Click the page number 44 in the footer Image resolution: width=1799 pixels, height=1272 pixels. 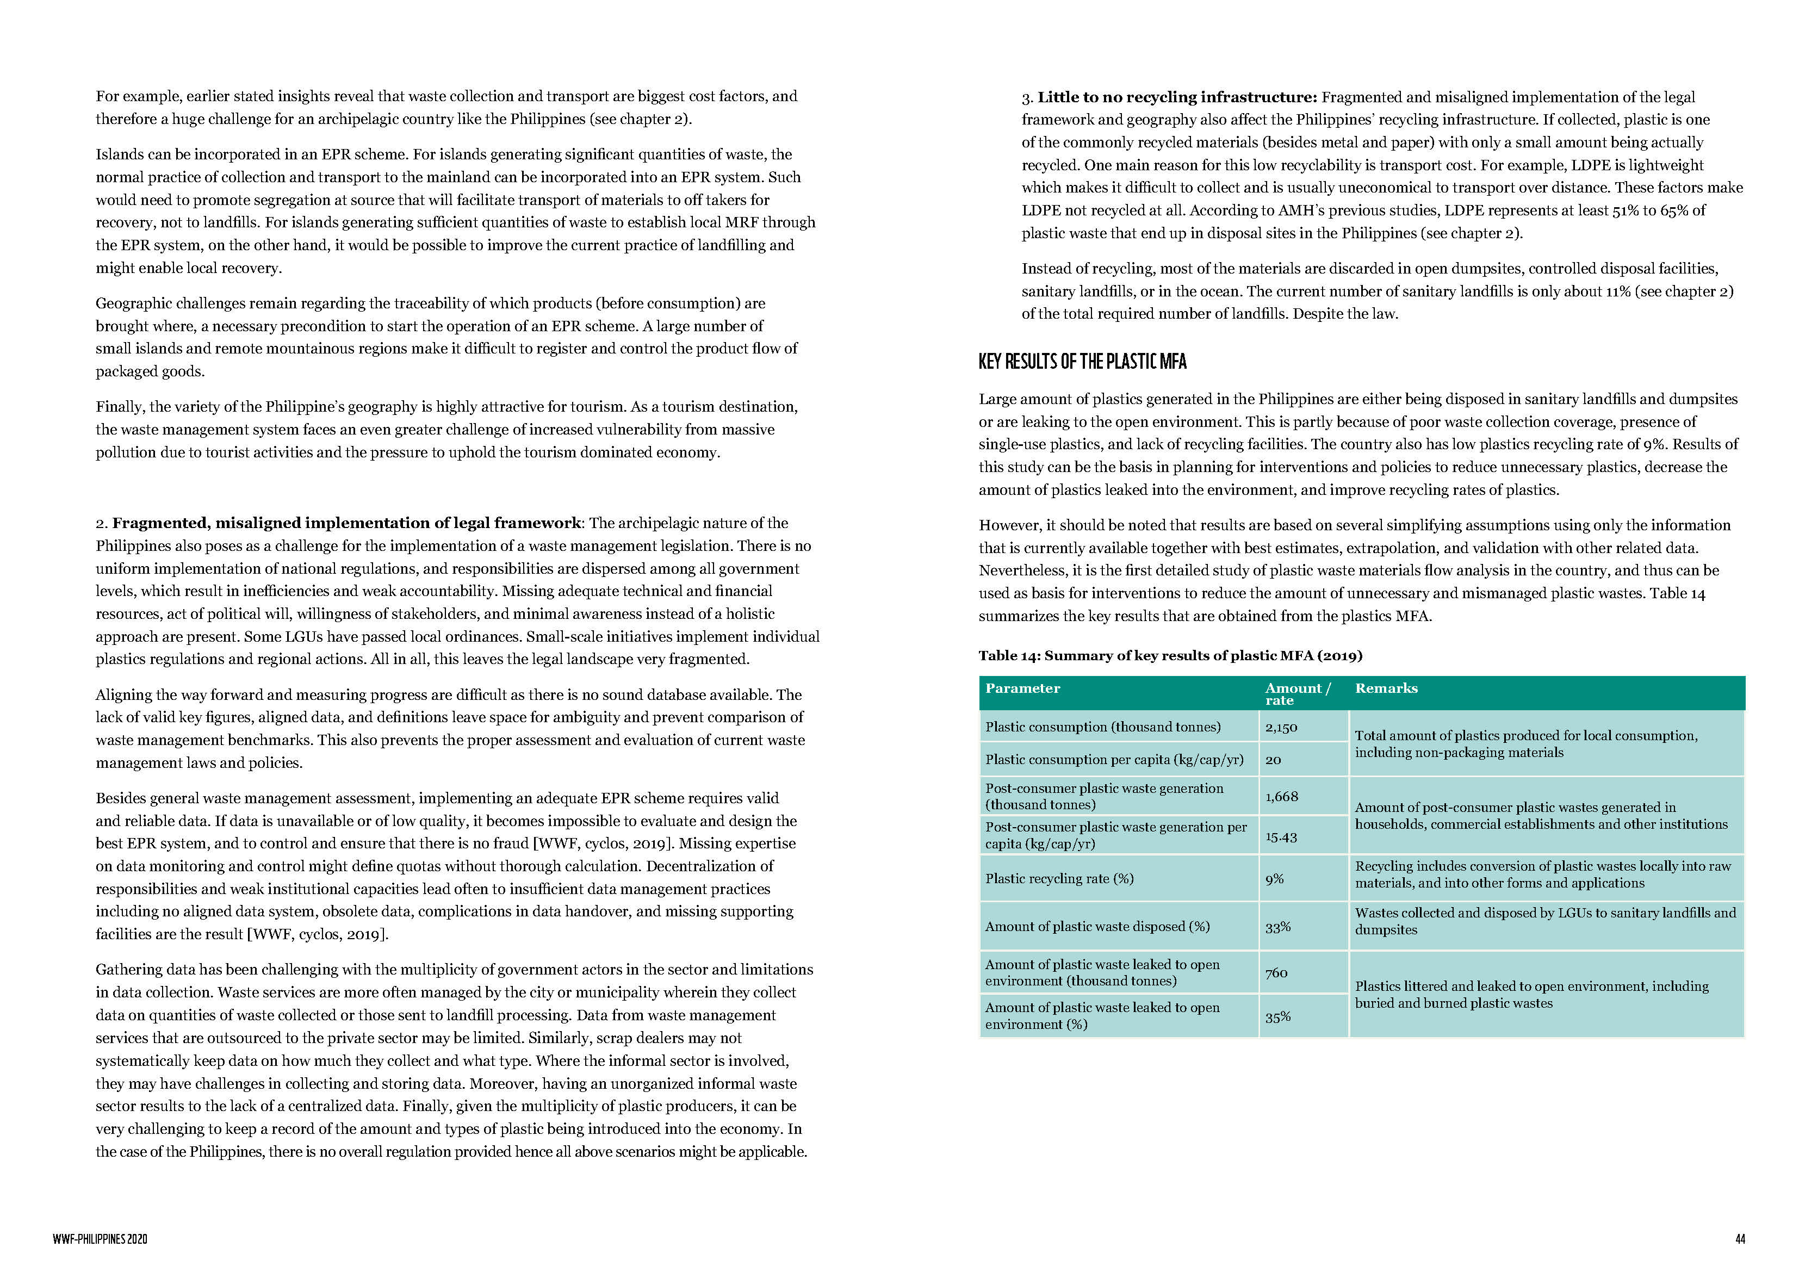click(x=1740, y=1239)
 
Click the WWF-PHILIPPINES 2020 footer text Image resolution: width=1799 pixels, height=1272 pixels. click(x=100, y=1239)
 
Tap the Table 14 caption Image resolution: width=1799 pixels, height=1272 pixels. click(x=1170, y=655)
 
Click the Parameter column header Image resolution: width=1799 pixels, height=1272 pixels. click(x=1022, y=688)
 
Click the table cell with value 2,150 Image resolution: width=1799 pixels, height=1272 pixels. click(x=1281, y=727)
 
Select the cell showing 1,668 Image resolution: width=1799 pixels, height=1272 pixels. click(x=1281, y=796)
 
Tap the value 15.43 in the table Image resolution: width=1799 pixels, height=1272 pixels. click(x=1281, y=837)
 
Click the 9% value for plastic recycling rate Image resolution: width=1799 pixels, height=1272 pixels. click(x=1274, y=879)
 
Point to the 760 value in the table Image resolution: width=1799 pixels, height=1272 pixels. click(x=1276, y=972)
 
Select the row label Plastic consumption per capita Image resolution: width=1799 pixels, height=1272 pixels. click(x=1113, y=759)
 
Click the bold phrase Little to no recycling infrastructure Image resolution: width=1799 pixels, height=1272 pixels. click(x=1176, y=97)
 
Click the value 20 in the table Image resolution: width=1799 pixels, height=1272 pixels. click(x=1273, y=759)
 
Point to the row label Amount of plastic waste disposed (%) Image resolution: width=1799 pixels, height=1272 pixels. click(x=1097, y=926)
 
